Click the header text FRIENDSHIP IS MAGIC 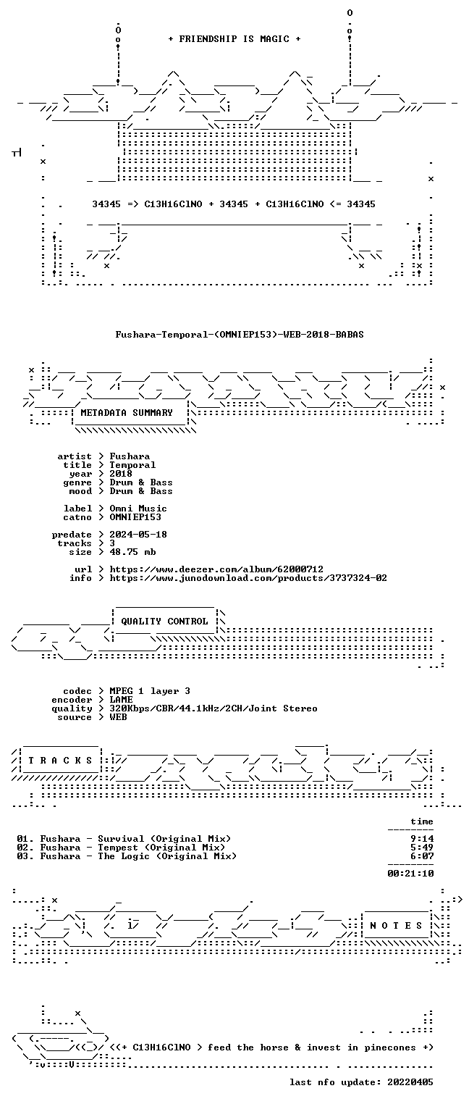point(234,39)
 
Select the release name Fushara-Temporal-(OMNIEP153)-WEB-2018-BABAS point(240,335)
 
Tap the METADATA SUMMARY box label point(127,412)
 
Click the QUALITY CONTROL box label point(164,622)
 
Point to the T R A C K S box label point(60,761)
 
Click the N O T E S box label point(396,926)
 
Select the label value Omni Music point(138,509)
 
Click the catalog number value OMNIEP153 point(135,517)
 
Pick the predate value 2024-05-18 point(138,535)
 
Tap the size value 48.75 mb point(132,552)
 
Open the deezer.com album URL point(216,569)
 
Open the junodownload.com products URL point(248,578)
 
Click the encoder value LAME point(121,700)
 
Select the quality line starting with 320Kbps point(214,708)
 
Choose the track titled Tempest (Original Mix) point(161,848)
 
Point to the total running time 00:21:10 point(410,874)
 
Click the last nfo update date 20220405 point(410,1082)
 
